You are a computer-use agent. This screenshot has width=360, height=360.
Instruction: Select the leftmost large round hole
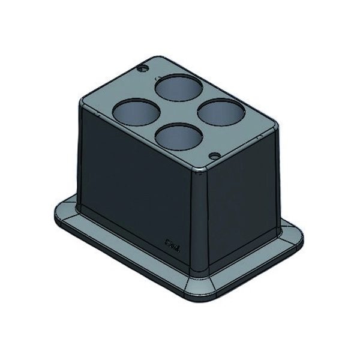click(136, 112)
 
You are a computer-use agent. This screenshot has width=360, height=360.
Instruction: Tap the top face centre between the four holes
click(178, 113)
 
